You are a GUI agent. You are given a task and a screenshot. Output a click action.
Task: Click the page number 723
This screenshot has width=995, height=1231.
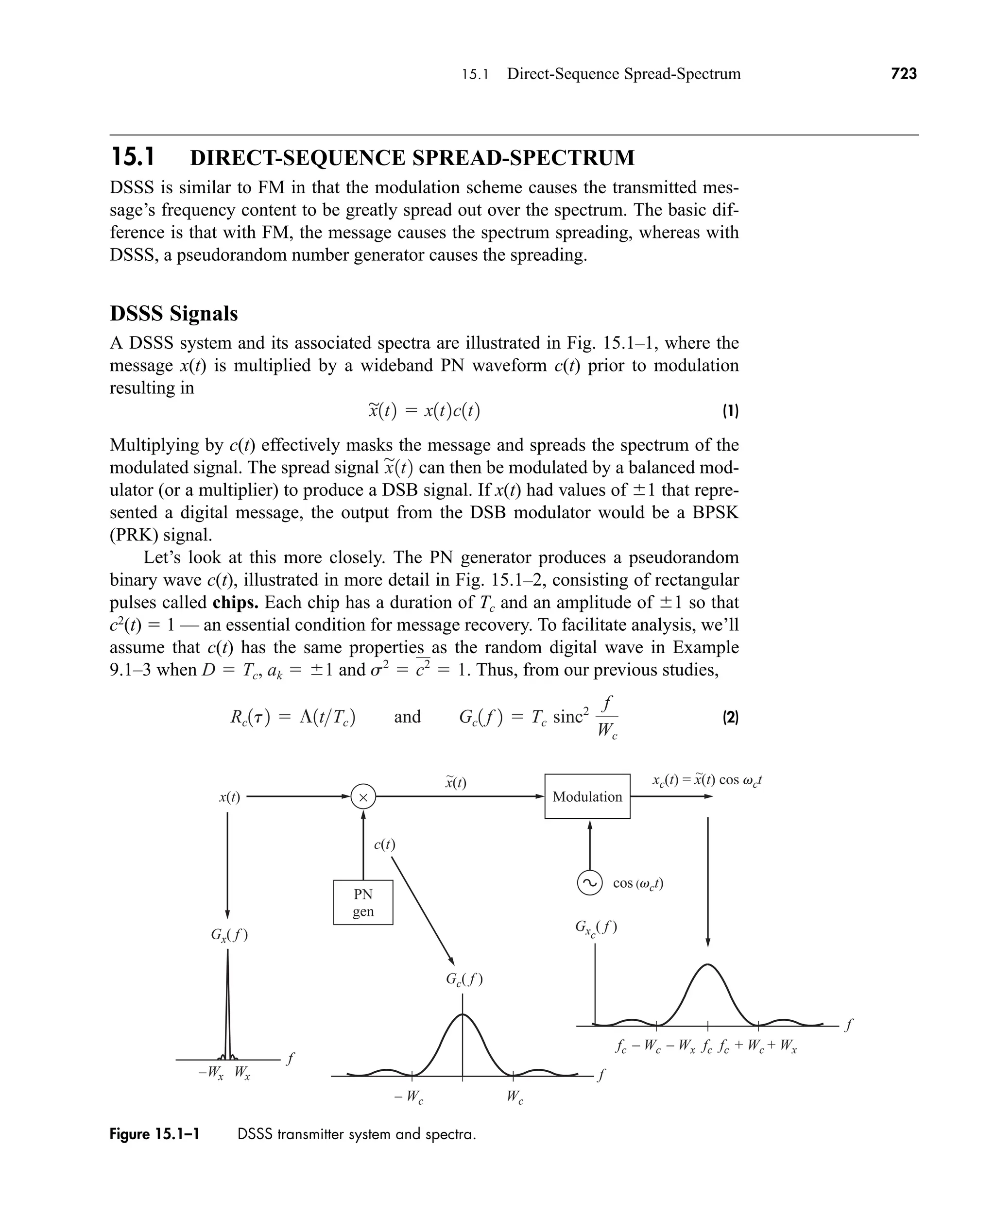coord(904,74)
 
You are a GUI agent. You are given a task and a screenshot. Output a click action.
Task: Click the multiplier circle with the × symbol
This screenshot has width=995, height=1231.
coord(363,797)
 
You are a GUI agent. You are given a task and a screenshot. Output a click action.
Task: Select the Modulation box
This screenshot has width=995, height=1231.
coord(587,796)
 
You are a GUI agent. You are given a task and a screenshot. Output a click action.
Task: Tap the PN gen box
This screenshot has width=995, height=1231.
coord(363,902)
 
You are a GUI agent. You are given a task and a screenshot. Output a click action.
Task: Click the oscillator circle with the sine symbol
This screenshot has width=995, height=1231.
coord(590,883)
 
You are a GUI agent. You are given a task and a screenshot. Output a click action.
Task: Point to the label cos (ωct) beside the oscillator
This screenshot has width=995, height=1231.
coord(638,883)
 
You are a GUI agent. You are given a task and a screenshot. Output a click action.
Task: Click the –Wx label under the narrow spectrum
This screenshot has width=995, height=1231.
coord(211,1072)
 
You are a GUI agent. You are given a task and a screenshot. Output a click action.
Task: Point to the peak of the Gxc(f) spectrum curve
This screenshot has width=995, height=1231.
coord(708,965)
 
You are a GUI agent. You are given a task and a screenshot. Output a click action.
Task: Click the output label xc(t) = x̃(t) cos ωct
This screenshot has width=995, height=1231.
coord(707,780)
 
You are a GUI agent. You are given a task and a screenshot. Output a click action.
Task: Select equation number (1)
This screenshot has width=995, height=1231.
coord(730,411)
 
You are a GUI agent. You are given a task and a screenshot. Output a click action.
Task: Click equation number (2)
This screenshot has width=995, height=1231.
coord(730,717)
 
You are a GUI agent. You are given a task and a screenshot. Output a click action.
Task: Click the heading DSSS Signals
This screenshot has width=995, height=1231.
coord(173,314)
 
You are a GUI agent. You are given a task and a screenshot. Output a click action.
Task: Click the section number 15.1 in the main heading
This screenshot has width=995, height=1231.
coord(133,157)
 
